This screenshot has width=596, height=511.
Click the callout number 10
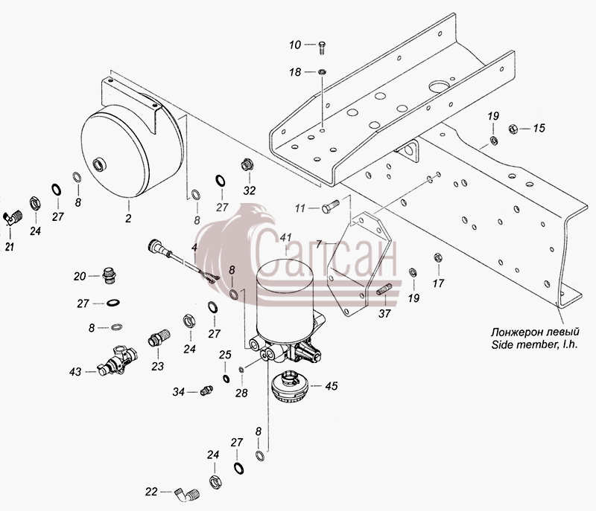pyautogui.click(x=295, y=45)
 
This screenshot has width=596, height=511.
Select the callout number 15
pyautogui.click(x=539, y=128)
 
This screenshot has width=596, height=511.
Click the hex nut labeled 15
pyautogui.click(x=513, y=129)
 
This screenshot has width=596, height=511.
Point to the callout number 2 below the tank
pyautogui.click(x=128, y=219)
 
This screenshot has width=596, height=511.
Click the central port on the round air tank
pyautogui.click(x=100, y=165)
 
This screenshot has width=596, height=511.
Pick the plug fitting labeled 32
pyautogui.click(x=247, y=166)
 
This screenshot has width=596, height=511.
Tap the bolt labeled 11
pyautogui.click(x=331, y=208)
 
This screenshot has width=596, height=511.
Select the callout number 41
pyautogui.click(x=285, y=238)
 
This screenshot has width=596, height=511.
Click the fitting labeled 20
pyautogui.click(x=110, y=276)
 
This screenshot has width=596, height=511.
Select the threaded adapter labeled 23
pyautogui.click(x=159, y=337)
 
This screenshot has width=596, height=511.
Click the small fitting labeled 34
pyautogui.click(x=206, y=391)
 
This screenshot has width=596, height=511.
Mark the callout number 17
pyautogui.click(x=438, y=283)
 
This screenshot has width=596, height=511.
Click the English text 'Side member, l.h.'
pyautogui.click(x=535, y=345)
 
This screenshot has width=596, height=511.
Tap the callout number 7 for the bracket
pyautogui.click(x=319, y=244)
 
